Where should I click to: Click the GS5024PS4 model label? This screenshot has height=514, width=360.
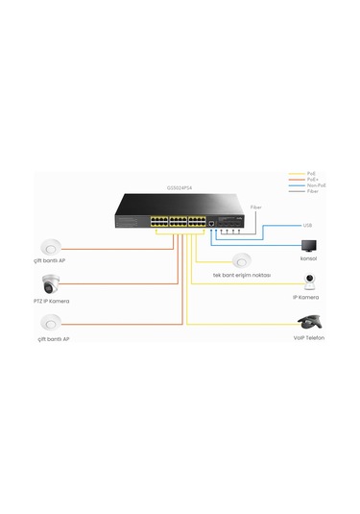[180, 187]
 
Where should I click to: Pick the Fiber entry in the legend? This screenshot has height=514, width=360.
[314, 192]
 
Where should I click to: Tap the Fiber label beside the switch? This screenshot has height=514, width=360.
[254, 207]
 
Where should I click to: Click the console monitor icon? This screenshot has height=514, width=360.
[308, 244]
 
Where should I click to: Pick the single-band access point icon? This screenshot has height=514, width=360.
[240, 258]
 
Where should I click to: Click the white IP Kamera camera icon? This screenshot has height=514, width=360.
[310, 280]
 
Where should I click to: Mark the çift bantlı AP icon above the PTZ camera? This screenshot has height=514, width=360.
[52, 245]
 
